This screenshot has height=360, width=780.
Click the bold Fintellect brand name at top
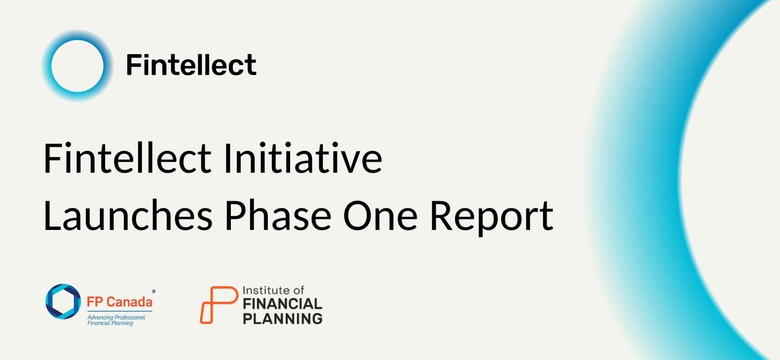click(x=191, y=65)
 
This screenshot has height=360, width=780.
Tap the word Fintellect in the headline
click(x=127, y=158)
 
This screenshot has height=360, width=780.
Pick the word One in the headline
click(x=380, y=216)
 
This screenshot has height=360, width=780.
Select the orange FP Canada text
click(x=120, y=302)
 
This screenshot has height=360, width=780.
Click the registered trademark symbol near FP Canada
click(x=154, y=291)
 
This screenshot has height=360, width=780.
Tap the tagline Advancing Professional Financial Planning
click(x=116, y=320)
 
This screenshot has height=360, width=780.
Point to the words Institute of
click(x=274, y=290)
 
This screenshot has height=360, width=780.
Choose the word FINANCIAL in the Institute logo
click(x=282, y=304)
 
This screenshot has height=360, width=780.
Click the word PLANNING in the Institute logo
click(x=282, y=318)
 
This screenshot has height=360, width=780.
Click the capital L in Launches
click(x=52, y=215)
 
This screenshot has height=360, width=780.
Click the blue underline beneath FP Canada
click(x=120, y=311)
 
